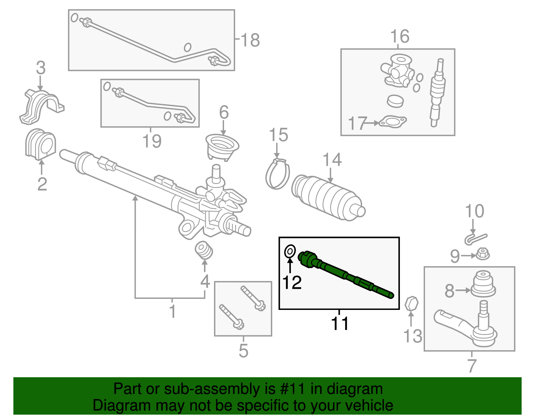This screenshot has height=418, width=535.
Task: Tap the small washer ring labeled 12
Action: point(290,251)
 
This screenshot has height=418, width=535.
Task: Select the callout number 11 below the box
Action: point(340,324)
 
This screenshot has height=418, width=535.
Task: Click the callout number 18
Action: point(250,40)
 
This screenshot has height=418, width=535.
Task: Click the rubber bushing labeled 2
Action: point(40,144)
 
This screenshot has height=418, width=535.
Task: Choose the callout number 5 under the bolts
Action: point(243,351)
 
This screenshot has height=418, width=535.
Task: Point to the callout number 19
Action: point(152,141)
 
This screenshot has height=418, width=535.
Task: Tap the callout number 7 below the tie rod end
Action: point(472,365)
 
